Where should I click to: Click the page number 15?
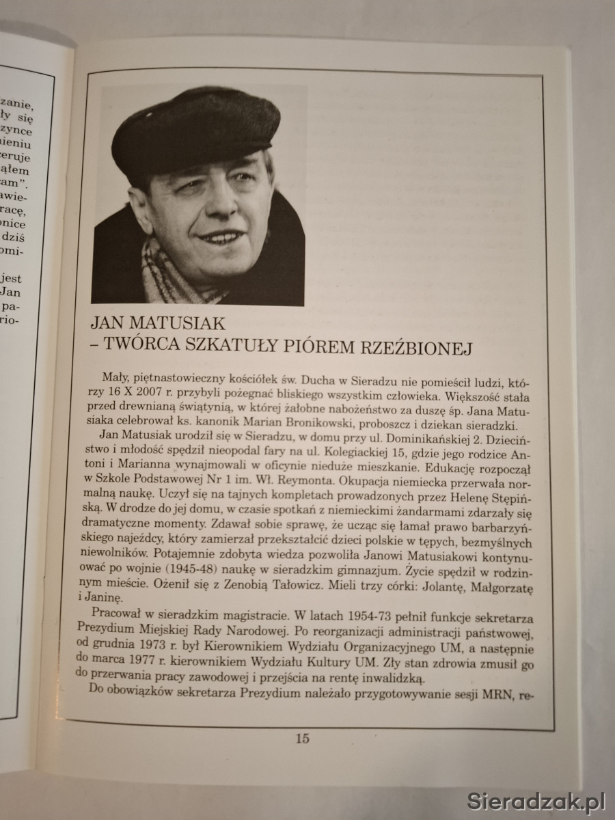click(303, 738)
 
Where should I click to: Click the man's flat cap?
click(195, 130)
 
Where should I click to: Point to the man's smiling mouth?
click(220, 239)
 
